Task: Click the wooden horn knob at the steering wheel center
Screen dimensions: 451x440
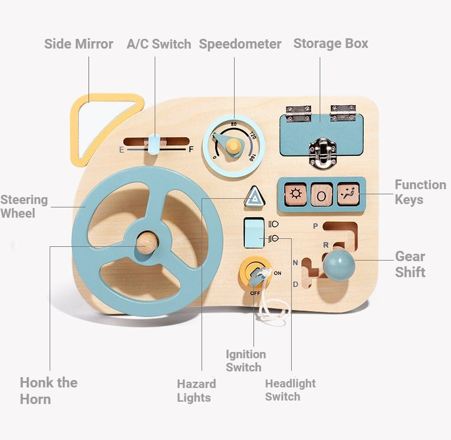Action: [147, 243]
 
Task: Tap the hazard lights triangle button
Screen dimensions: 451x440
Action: [254, 197]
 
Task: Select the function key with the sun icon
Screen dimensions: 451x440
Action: [295, 195]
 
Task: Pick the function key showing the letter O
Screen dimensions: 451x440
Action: [321, 195]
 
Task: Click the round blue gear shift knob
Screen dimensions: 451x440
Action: [339, 265]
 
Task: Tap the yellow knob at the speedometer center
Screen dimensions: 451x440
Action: [233, 145]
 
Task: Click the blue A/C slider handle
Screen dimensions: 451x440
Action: [154, 144]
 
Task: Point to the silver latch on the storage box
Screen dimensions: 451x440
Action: [323, 153]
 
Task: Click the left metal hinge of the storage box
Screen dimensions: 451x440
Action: [299, 114]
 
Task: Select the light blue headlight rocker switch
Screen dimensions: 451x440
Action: [254, 233]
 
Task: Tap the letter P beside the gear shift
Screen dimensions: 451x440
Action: [316, 226]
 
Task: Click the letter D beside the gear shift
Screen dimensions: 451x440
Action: [295, 285]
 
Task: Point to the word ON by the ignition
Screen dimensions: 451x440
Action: [277, 273]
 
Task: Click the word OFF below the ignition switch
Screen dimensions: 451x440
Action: [255, 293]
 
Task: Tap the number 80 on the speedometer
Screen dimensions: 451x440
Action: [233, 124]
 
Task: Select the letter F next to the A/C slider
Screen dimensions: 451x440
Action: [191, 149]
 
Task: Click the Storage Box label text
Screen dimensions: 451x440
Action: [331, 44]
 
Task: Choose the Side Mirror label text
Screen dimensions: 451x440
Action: [79, 44]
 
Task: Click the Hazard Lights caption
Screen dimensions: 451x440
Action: [196, 391]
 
